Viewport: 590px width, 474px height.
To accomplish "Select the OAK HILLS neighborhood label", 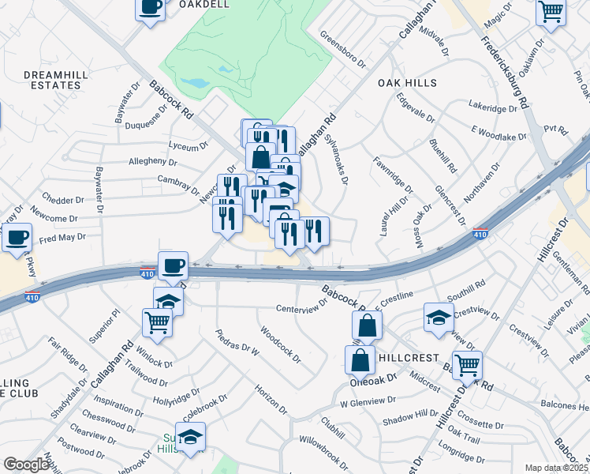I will (407, 82).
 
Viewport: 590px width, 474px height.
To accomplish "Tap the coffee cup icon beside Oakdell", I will (151, 8).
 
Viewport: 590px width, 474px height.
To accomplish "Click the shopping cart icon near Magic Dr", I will (551, 13).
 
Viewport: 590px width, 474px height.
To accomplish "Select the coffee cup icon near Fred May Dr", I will (17, 237).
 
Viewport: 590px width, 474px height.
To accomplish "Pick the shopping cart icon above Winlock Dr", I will (157, 322).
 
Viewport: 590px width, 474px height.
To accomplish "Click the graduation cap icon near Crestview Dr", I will (439, 317).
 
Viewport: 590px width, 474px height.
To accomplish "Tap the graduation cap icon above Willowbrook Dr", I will (190, 436).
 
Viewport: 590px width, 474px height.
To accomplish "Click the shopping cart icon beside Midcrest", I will (468, 365).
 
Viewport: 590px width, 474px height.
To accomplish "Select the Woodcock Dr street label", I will (281, 345).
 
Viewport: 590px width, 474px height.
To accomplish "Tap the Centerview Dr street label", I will (301, 308).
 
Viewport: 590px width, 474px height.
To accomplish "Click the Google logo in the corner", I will (26, 465).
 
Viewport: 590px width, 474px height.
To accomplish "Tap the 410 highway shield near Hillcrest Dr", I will (480, 234).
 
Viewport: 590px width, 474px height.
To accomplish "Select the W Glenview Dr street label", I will (367, 402).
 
